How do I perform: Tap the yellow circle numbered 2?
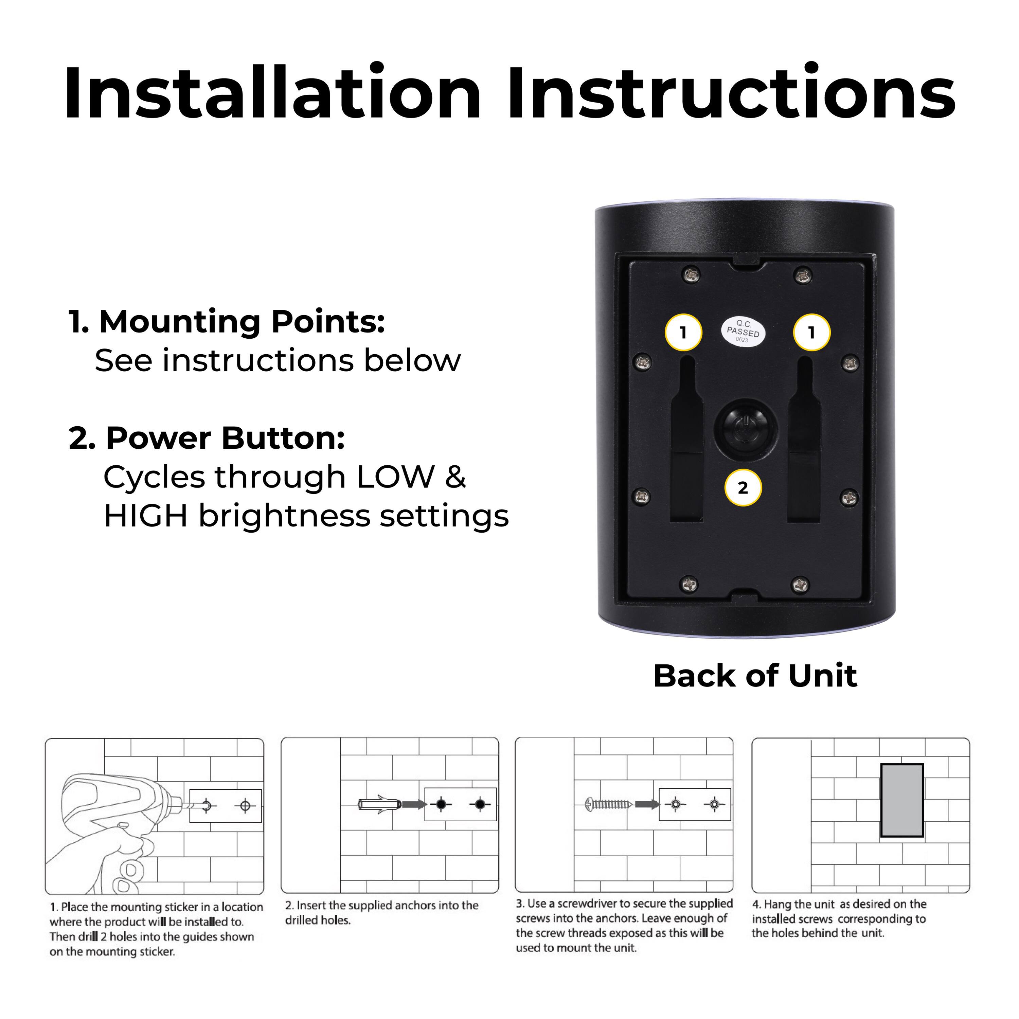743,487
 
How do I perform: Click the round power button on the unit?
745,428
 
